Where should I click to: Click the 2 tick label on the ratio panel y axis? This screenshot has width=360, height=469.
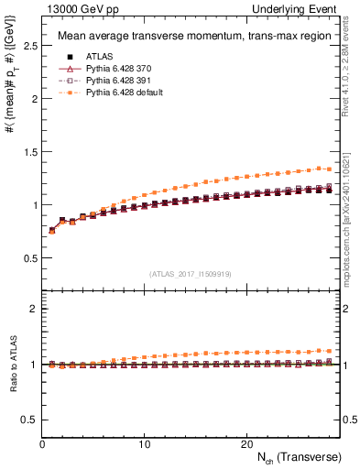point(33,309)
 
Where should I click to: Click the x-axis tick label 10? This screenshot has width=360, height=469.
point(145,443)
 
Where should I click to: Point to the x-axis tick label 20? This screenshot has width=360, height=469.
point(246,443)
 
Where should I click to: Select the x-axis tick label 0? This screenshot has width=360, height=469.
point(42,443)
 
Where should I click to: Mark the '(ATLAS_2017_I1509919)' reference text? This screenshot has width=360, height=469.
point(190,273)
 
